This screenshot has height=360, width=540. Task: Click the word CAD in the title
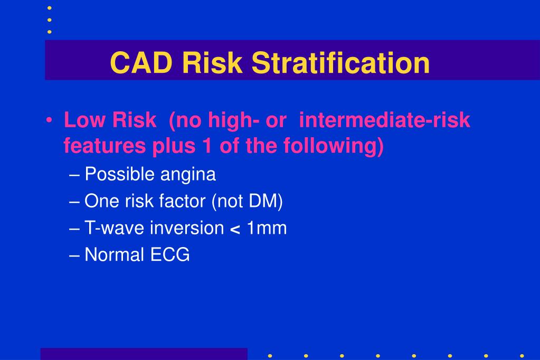[x=142, y=63]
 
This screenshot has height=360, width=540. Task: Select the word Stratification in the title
[x=340, y=63]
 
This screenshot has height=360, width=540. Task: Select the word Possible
[x=113, y=174]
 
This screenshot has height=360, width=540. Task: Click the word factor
[x=181, y=201]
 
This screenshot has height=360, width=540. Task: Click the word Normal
[x=114, y=255]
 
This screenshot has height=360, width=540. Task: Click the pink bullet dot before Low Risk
[x=49, y=121]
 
